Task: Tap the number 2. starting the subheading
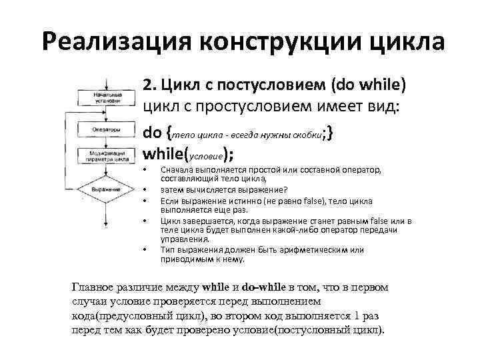pos(149,86)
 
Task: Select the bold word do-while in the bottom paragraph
pos(263,287)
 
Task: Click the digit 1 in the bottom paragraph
pos(357,317)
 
